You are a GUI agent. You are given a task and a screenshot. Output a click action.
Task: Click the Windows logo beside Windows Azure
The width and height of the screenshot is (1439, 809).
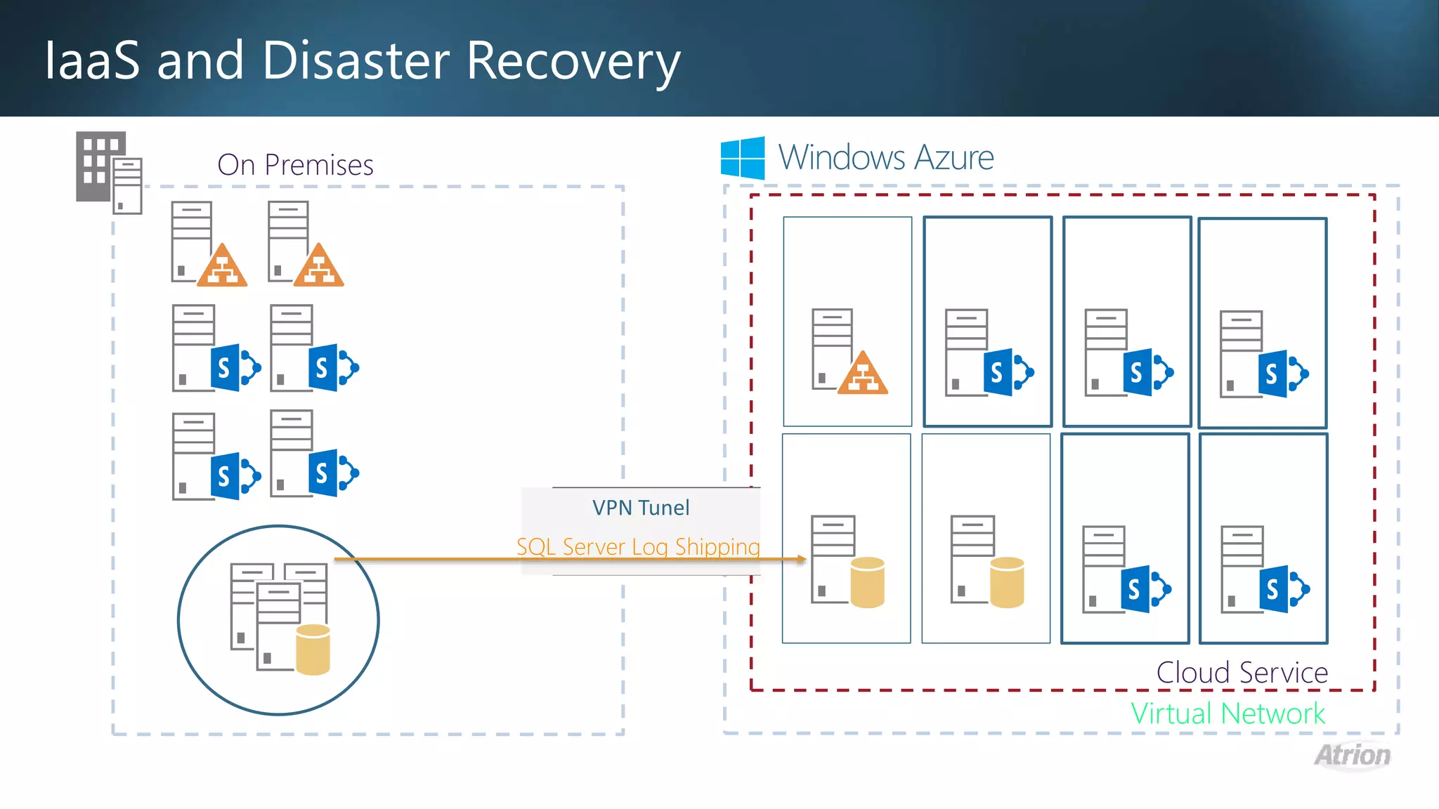coord(743,158)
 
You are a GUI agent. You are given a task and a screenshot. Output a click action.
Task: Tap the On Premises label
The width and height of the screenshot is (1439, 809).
coord(295,165)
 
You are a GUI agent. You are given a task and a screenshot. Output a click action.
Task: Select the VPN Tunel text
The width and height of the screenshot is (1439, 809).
coord(640,508)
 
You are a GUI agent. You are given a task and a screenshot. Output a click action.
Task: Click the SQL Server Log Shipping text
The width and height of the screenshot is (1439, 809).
coord(638,546)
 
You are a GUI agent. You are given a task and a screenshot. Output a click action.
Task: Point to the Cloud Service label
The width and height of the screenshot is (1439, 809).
coord(1242,673)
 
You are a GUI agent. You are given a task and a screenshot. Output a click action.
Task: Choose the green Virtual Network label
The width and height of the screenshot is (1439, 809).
coord(1228,713)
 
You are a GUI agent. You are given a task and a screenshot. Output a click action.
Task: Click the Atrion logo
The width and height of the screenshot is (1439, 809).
coord(1353,756)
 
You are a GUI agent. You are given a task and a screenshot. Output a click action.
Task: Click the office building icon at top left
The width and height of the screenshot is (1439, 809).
coord(108,172)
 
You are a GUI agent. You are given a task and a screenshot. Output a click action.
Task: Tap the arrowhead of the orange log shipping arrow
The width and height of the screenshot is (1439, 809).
coord(801,560)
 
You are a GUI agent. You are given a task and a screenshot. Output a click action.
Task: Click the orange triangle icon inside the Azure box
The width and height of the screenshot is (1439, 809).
coord(863,374)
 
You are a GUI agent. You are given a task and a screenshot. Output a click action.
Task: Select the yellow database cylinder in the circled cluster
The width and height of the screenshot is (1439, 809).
coord(313,649)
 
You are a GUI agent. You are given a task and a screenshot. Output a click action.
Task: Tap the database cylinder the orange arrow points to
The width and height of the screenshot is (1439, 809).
coord(867,582)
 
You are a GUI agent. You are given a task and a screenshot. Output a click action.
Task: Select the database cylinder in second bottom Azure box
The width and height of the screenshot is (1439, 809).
coord(1007,582)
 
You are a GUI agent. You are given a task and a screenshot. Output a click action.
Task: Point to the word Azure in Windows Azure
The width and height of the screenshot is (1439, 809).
coord(953,157)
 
